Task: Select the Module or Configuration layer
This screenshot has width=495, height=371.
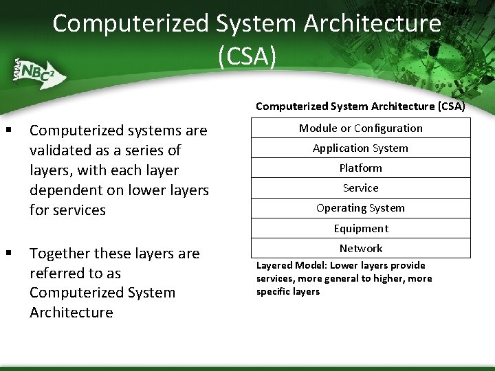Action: (x=360, y=128)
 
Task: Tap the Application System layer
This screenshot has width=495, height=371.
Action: (x=360, y=148)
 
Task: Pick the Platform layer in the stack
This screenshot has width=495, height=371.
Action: (x=360, y=168)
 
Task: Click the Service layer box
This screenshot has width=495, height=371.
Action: (x=360, y=188)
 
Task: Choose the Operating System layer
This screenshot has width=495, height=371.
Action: (x=360, y=208)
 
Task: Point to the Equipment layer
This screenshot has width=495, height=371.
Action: (x=360, y=229)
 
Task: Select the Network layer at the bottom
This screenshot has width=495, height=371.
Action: (x=360, y=249)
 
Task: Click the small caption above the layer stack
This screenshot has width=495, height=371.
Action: (x=360, y=106)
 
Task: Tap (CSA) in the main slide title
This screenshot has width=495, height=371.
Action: (x=247, y=56)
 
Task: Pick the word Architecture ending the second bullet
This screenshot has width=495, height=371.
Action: (x=71, y=313)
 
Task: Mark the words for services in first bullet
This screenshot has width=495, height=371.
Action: (x=67, y=210)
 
